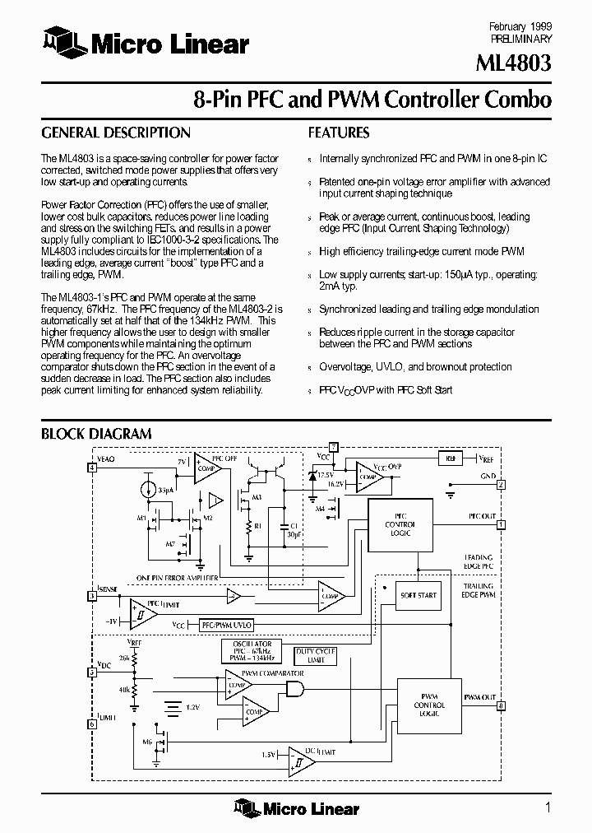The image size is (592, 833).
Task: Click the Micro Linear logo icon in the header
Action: point(60,42)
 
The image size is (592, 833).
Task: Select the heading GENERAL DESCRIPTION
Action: point(116,133)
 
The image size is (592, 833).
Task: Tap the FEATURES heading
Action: point(339,133)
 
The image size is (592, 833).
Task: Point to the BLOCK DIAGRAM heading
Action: point(96,434)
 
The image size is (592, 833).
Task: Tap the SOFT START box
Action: point(419,594)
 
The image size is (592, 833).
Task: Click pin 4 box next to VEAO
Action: point(92,468)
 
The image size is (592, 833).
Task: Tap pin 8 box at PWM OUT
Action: point(501,705)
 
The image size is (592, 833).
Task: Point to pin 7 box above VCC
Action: point(334,445)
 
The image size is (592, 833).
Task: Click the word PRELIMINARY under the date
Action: point(520,39)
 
